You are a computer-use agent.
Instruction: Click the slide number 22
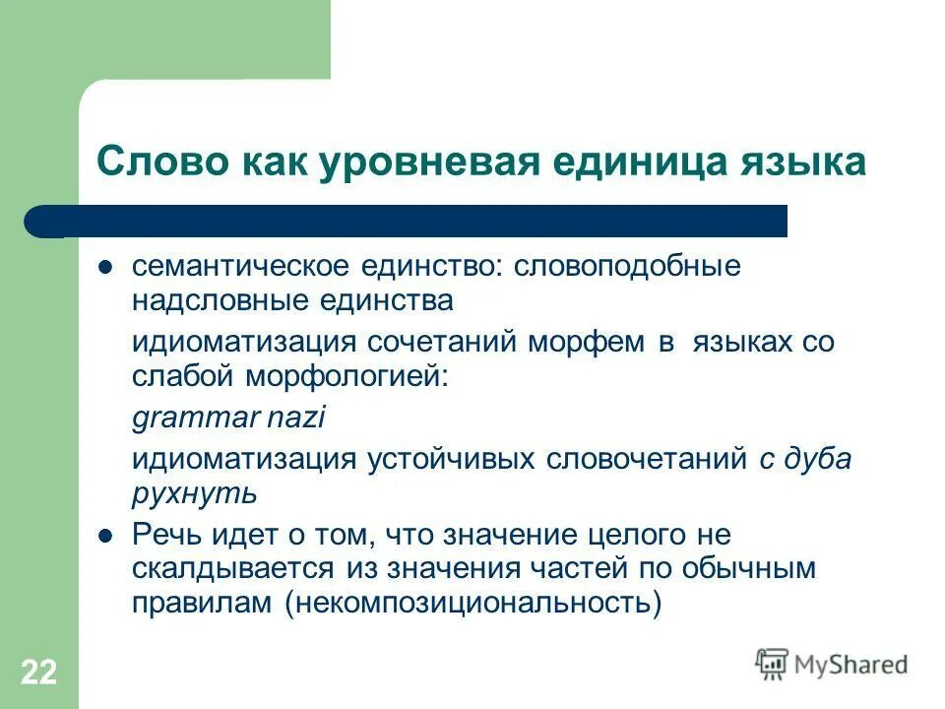click(x=38, y=674)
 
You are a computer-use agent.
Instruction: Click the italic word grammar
click(x=194, y=419)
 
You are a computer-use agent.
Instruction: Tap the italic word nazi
click(x=294, y=418)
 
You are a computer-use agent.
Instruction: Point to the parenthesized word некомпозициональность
click(x=473, y=602)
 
